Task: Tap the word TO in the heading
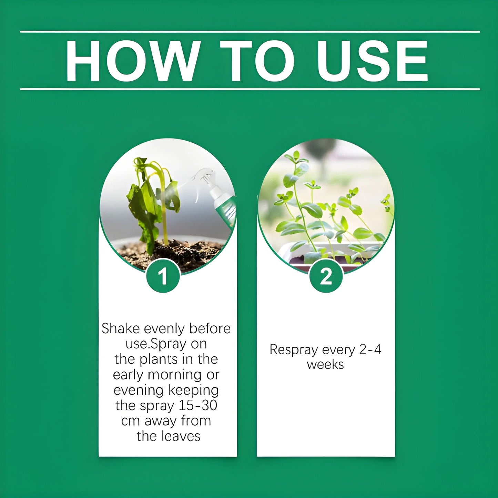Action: click(x=257, y=61)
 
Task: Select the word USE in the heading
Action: click(x=372, y=61)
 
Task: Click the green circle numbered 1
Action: click(x=163, y=276)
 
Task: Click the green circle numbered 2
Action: click(x=326, y=276)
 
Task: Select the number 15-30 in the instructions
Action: click(x=197, y=405)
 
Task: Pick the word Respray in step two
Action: click(x=294, y=349)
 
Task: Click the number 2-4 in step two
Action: click(x=370, y=349)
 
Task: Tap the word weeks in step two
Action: click(x=325, y=365)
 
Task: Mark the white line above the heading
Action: click(x=250, y=32)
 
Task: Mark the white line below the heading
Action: click(x=250, y=89)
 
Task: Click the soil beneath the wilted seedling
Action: click(x=172, y=253)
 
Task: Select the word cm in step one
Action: click(x=130, y=421)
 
